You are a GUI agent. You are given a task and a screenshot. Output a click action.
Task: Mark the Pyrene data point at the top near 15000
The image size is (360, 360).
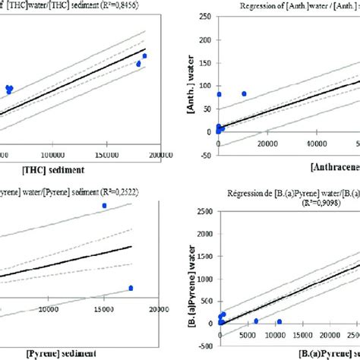coord(105,206)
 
